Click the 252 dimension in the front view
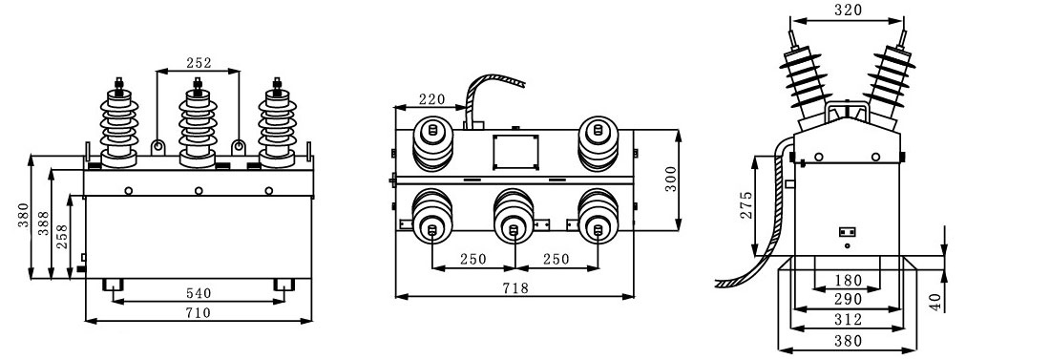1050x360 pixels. pos(199,63)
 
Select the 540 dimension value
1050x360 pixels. pos(199,293)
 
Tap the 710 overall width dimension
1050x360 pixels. pos(199,312)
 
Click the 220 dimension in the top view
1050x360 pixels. pos(431,99)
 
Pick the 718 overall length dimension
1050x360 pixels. pos(514,287)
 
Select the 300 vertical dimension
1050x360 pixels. pos(672,179)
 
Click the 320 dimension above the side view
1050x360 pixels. pos(849,11)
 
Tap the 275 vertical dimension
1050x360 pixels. pos(746,205)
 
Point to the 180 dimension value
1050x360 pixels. pos(848,280)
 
